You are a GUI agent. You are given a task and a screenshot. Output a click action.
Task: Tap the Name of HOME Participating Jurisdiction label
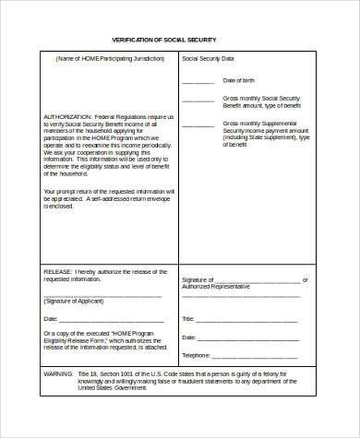click(x=102, y=59)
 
